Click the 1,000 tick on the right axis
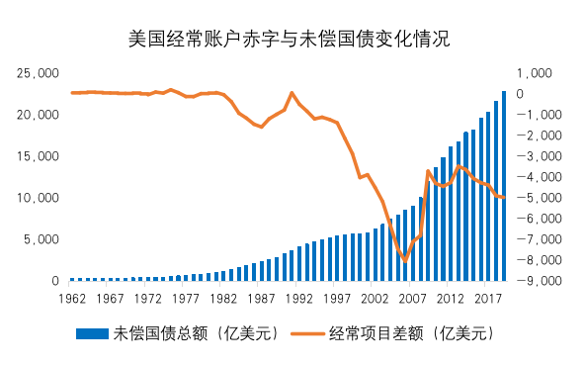(535, 73)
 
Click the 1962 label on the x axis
(73, 298)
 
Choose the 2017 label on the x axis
(486, 298)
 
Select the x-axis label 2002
(374, 298)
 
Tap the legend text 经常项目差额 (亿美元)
(410, 333)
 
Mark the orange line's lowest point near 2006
(404, 260)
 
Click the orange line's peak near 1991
(292, 93)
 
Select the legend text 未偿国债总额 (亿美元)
(197, 333)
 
